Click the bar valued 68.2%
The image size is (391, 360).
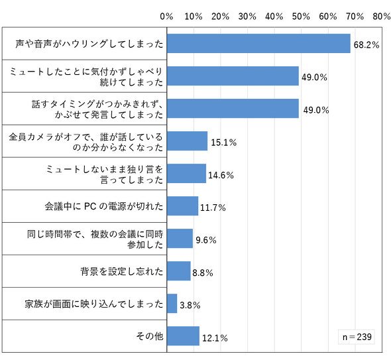(258, 43)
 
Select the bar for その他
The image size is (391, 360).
(183, 335)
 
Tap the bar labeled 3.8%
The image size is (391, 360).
(172, 304)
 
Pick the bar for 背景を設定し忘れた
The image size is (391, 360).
(179, 271)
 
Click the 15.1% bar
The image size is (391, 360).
(188, 141)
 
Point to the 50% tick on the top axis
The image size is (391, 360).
(301, 17)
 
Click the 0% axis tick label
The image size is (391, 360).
(166, 17)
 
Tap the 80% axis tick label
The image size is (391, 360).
(382, 17)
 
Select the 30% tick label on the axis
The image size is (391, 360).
(247, 17)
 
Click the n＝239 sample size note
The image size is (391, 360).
(357, 337)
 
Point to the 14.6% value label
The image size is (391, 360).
(221, 175)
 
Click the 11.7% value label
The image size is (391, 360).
(213, 208)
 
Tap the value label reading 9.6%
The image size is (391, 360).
(206, 240)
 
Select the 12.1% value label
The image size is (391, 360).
(215, 338)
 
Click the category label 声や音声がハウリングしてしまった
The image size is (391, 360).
(89, 44)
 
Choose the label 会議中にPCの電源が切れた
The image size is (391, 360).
(104, 206)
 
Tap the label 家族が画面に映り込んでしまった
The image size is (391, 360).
(93, 304)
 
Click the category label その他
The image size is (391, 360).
(150, 336)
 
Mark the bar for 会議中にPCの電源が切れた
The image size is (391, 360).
(182, 206)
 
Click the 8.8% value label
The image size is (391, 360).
(203, 272)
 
